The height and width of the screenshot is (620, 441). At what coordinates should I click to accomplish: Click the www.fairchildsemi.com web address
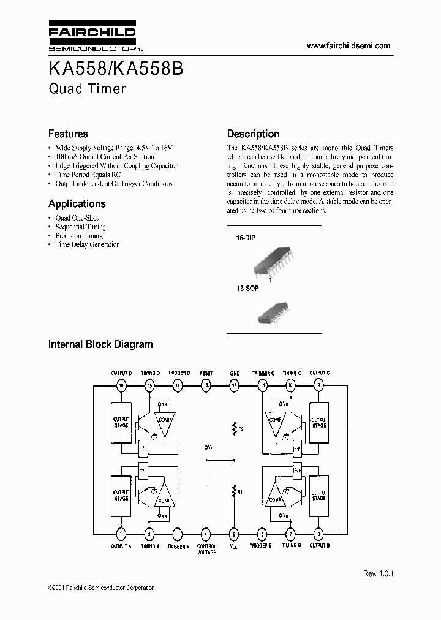tap(348, 46)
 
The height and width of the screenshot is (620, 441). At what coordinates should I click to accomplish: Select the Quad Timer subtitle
tap(87, 88)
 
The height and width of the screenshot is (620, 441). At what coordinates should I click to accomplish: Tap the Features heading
tap(68, 134)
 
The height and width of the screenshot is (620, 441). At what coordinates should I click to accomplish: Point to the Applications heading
tap(77, 204)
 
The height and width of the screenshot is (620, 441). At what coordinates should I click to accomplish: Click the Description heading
tap(253, 134)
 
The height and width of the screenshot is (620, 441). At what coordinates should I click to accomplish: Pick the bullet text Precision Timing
tap(79, 236)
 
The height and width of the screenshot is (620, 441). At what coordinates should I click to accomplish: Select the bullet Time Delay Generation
tap(88, 244)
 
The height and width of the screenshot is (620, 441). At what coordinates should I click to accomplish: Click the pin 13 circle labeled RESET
tap(206, 385)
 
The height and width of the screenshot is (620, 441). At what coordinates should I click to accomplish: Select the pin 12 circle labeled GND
tap(234, 385)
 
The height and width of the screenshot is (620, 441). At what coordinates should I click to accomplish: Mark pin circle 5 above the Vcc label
tap(233, 533)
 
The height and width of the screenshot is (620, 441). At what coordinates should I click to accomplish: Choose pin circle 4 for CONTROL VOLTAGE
tap(206, 533)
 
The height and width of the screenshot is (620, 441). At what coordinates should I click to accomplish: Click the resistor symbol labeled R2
tap(234, 428)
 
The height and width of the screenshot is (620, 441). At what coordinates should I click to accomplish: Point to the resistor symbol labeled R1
tap(233, 491)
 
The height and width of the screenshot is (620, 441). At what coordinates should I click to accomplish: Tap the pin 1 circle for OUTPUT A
tap(121, 533)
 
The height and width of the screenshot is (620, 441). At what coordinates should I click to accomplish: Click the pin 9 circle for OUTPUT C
tap(318, 385)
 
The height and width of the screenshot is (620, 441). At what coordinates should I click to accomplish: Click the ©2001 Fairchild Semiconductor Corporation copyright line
tap(101, 588)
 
